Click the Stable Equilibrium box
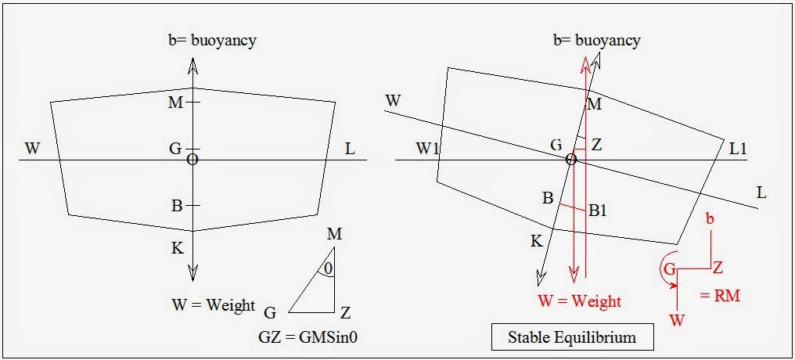(571, 338)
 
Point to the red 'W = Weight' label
(579, 301)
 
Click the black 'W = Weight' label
(212, 304)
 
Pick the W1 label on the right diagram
(428, 148)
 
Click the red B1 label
(599, 210)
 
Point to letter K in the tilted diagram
(536, 241)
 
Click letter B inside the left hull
(177, 206)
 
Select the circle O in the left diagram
(192, 160)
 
